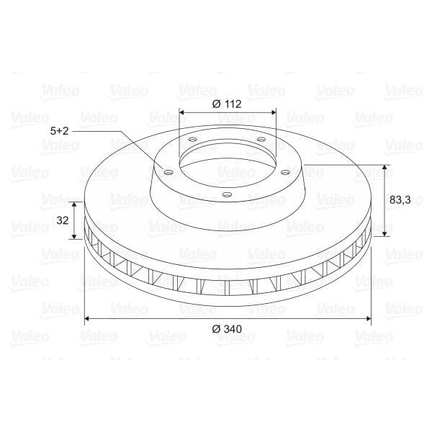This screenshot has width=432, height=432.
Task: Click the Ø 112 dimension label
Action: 227,104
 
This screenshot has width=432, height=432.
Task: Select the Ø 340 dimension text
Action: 227,329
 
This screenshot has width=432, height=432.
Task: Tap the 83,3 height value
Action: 400,201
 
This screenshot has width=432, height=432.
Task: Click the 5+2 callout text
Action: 60,131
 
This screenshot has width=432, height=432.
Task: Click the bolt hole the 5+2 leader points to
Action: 168,172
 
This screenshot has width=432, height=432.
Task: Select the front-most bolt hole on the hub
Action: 228,194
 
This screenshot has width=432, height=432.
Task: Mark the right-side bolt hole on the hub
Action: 286,172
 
